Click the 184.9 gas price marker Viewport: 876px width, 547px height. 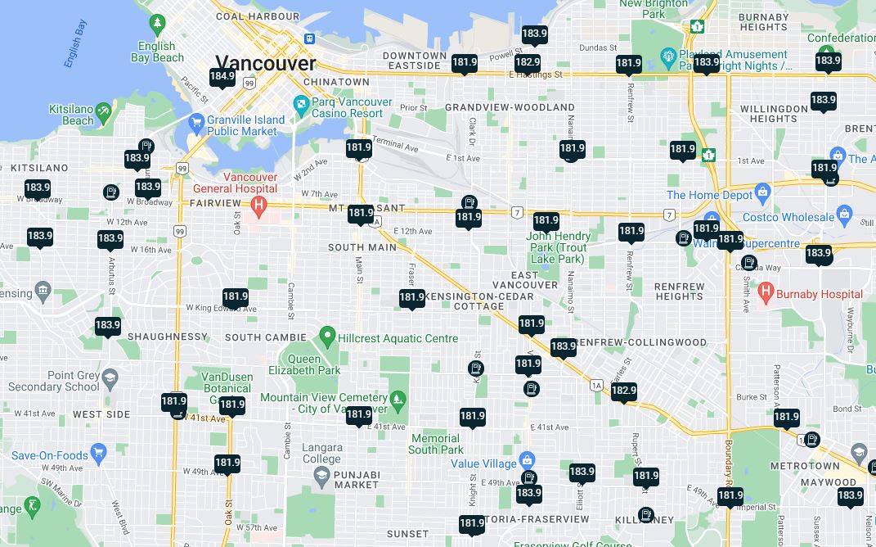pos(222,77)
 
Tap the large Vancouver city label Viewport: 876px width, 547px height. pos(265,63)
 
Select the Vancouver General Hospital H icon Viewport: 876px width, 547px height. pos(259,204)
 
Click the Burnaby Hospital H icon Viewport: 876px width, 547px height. pos(766,291)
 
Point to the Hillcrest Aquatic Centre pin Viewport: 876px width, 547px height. pos(327,335)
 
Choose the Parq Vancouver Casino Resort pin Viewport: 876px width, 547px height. pos(300,105)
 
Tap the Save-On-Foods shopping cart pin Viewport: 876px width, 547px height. pos(99,451)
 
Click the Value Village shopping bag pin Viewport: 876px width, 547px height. pos(527,459)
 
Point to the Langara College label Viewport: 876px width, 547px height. pos(321,453)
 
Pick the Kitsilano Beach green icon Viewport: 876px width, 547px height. pos(103,111)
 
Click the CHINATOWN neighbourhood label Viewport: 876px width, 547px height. pos(336,82)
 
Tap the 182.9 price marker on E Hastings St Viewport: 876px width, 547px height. pos(528,62)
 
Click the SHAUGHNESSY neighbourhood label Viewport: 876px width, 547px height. pos(168,337)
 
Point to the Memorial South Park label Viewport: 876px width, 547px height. pos(436,444)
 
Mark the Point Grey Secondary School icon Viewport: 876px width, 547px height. pos(110,377)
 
